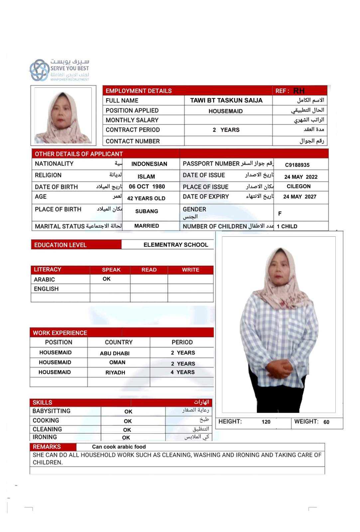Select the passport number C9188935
click(x=297, y=165)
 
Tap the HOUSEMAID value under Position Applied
click(x=225, y=111)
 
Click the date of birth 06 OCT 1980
click(x=147, y=187)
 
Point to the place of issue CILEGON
click(x=299, y=187)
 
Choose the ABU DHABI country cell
click(x=115, y=353)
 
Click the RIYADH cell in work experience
click(x=115, y=372)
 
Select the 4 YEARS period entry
click(x=182, y=372)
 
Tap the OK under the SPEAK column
click(x=106, y=279)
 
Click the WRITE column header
click(x=190, y=270)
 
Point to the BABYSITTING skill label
click(x=51, y=411)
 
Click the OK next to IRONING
click(x=126, y=438)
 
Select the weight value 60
click(x=326, y=422)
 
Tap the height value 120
click(x=266, y=422)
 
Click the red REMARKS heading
click(x=47, y=447)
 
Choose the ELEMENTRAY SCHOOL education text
click(x=176, y=245)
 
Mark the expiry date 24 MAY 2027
click(x=300, y=197)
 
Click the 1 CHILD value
click(x=287, y=226)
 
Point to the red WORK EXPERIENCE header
click(x=60, y=333)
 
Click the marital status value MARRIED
click(x=147, y=226)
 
